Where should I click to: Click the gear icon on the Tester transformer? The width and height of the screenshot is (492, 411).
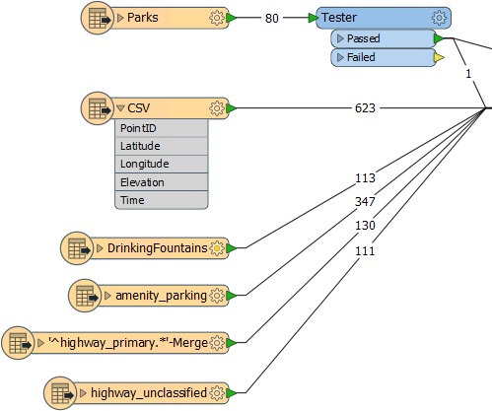click(439, 18)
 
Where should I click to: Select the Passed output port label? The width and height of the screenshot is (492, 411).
click(363, 38)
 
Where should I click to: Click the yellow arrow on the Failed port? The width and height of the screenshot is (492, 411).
click(439, 58)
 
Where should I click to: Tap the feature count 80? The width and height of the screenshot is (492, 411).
click(272, 18)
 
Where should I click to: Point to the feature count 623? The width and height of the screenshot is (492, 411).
click(365, 108)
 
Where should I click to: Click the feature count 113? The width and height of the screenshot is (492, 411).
click(365, 178)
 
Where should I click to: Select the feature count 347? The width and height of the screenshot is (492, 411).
click(365, 201)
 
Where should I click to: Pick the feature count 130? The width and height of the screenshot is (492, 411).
click(365, 226)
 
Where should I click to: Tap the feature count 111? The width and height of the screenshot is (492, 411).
click(365, 251)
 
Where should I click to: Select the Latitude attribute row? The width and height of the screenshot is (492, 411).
click(162, 146)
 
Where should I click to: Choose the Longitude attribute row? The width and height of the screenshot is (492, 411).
click(162, 164)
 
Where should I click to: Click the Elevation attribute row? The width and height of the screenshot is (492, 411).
click(162, 182)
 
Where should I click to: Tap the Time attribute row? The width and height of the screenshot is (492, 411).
click(162, 200)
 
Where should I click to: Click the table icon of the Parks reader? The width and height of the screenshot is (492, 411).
click(98, 18)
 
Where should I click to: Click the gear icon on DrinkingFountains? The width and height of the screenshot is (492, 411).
click(217, 248)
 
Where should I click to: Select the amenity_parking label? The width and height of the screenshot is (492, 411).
click(161, 296)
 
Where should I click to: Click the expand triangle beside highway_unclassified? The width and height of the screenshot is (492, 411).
click(83, 393)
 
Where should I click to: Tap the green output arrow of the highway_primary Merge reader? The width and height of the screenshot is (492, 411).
click(232, 343)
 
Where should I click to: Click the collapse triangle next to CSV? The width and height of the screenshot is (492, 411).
click(120, 108)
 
